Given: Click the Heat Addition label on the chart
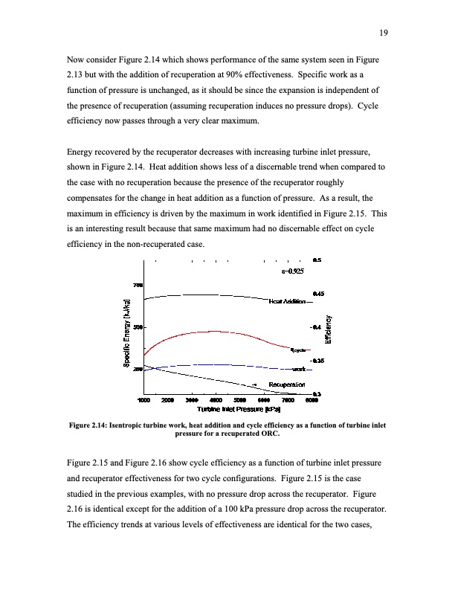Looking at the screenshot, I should (x=288, y=301).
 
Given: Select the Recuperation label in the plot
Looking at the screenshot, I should (x=287, y=384).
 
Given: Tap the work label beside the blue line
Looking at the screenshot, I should (x=299, y=368).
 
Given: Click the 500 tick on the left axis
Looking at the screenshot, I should (x=138, y=326).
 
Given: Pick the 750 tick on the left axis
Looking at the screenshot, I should (x=138, y=284).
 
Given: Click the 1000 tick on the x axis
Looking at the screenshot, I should (x=144, y=399).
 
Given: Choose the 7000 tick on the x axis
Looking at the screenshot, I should (x=288, y=399).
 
